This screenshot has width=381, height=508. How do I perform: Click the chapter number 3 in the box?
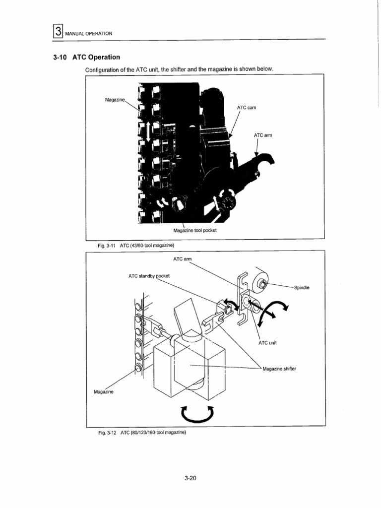point(58,32)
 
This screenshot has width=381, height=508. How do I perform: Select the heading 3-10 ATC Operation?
point(86,57)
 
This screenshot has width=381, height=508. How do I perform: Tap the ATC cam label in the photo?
point(246,108)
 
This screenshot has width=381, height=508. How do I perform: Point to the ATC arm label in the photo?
point(262,134)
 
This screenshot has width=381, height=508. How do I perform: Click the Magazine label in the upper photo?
point(115,100)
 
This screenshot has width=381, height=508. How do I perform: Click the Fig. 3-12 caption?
point(142,433)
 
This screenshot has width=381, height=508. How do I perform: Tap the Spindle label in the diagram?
point(302,287)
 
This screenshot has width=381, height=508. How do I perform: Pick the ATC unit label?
point(268,343)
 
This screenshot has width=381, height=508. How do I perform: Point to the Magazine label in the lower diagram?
point(104,392)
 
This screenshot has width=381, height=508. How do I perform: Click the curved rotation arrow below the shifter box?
point(197,413)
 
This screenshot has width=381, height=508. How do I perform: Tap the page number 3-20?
point(190,478)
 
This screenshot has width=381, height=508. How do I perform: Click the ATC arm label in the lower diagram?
point(182,259)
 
